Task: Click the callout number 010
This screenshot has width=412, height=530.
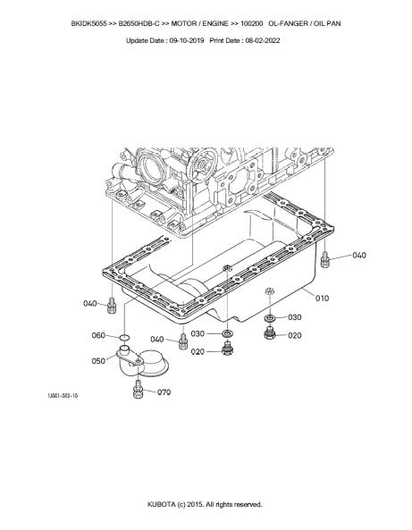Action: [x=322, y=299]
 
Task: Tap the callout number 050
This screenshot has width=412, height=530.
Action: [x=98, y=361]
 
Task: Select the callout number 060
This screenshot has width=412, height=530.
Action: [x=98, y=335]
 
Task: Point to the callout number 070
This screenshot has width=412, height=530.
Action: [x=164, y=392]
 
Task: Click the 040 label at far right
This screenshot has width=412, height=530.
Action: [x=359, y=256]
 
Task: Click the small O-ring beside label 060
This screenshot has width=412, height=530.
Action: [x=124, y=337]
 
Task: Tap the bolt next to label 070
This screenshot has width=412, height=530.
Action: [x=138, y=390]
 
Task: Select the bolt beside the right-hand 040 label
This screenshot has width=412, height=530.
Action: [x=324, y=260]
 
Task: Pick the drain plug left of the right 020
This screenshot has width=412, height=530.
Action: [x=269, y=332]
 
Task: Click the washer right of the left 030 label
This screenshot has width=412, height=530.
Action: [x=226, y=334]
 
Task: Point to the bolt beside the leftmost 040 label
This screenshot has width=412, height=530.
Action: [x=112, y=306]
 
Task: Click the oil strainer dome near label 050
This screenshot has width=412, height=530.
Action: [x=153, y=364]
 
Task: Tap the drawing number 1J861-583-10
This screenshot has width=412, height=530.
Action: [x=63, y=395]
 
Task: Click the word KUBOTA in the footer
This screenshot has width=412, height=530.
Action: [x=161, y=504]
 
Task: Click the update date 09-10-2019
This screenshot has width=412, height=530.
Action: [x=187, y=40]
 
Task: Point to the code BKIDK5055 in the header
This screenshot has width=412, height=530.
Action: [x=88, y=23]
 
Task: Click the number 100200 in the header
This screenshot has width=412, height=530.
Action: [x=251, y=23]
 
